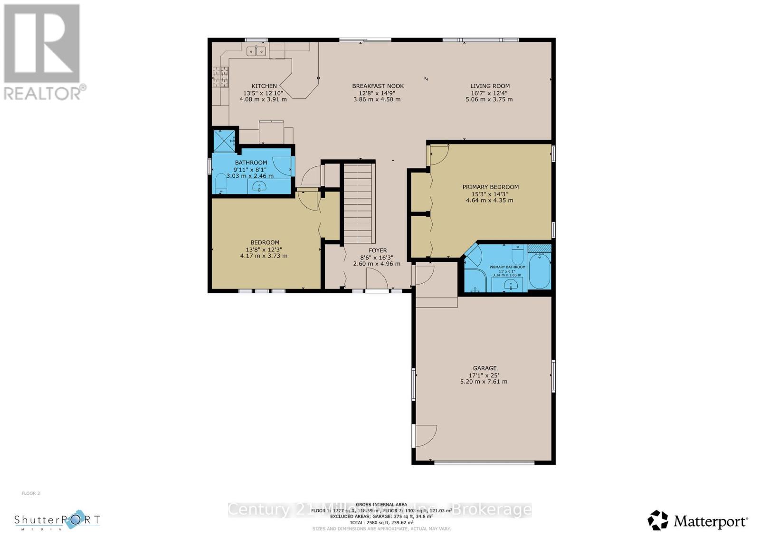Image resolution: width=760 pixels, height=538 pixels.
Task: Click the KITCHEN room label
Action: point(264,86)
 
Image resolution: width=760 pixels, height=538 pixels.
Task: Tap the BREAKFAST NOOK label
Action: point(378,86)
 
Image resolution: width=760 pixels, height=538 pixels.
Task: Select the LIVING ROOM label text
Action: point(490,86)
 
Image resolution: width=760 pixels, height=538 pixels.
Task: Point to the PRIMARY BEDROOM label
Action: point(490,187)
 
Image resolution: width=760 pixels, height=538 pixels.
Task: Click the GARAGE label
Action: point(484,368)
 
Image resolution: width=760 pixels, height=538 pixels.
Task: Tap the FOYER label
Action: point(378,250)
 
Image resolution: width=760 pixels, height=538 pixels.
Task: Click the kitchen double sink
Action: point(256,50)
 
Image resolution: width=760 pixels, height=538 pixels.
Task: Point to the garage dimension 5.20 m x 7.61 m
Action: point(484,382)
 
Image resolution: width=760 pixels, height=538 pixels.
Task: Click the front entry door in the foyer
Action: point(377,280)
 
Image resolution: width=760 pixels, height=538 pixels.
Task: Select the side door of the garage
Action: point(424,435)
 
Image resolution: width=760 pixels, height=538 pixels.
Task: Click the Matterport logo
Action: point(698,521)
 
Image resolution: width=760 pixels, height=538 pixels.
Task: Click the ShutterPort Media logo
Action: point(57,520)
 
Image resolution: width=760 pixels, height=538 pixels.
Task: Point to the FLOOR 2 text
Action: point(31,493)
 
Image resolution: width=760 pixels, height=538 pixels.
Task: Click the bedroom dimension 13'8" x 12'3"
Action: point(264,249)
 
